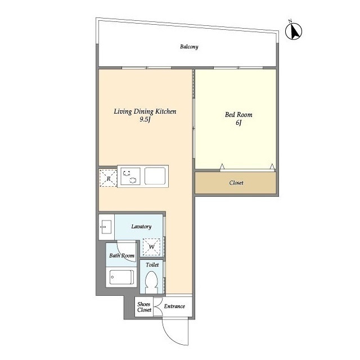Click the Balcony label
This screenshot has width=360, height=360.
click(189, 47)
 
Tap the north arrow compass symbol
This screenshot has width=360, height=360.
click(294, 31)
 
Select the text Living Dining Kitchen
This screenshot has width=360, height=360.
click(145, 111)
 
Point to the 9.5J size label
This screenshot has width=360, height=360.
click(145, 119)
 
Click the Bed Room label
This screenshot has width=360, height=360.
click(238, 115)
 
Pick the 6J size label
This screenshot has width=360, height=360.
click(238, 123)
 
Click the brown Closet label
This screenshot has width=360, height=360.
click(236, 183)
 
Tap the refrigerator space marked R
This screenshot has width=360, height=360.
click(109, 178)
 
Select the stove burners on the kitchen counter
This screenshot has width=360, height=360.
click(130, 176)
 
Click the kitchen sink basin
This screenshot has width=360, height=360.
click(155, 176)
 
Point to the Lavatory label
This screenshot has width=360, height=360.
click(141, 227)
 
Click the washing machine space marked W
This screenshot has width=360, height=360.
click(151, 247)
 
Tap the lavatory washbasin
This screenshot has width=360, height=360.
click(106, 227)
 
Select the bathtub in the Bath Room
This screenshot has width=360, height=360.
click(121, 277)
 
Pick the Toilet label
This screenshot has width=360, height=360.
click(152, 265)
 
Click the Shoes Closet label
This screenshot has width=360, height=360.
click(144, 307)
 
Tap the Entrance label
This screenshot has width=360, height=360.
click(174, 306)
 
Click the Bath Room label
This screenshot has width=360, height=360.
click(121, 255)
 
